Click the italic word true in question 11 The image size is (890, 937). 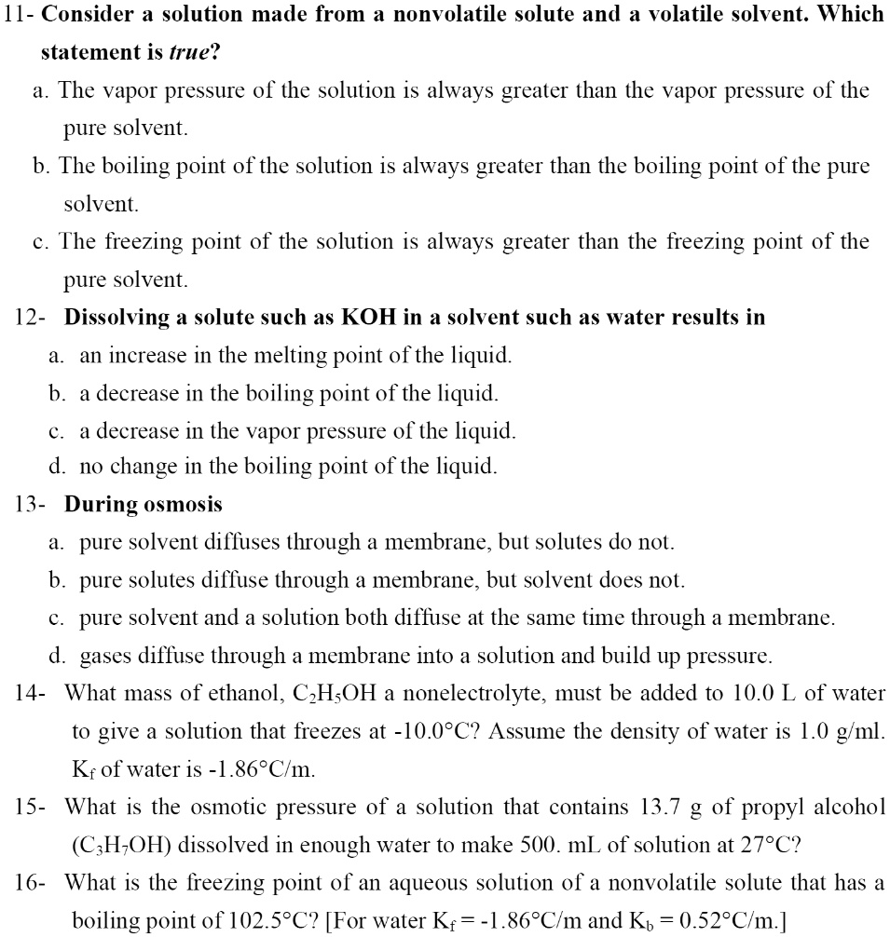[x=186, y=52]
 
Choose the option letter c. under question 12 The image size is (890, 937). [x=57, y=430]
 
